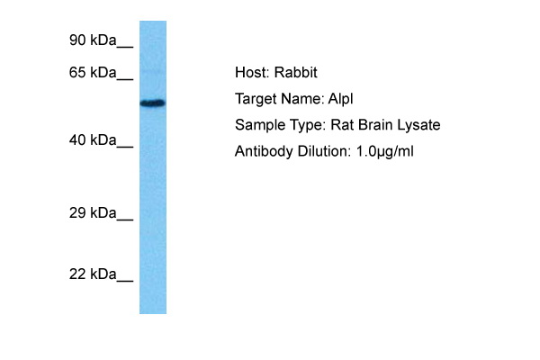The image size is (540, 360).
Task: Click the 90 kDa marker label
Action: pos(93,40)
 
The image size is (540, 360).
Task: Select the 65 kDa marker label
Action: pos(93,73)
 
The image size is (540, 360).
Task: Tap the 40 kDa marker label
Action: pos(93,140)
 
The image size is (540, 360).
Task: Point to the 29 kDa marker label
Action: pos(93,213)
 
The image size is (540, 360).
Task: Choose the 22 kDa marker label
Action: pos(93,274)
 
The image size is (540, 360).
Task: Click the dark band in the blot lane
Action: pos(153,103)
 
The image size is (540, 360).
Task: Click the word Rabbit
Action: pos(295,73)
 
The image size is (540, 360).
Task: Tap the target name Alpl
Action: pos(340,99)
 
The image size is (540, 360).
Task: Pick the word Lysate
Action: pos(418,125)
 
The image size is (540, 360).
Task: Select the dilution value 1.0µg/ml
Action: pos(384,151)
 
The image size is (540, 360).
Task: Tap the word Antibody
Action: pos(264,151)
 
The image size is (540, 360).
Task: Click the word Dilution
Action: pos(324,151)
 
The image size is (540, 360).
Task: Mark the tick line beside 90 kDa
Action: pos(125,47)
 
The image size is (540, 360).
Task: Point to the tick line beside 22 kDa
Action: pos(125,281)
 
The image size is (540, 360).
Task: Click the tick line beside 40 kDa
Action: pos(125,147)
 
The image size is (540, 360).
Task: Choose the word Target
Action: pos(256,99)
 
